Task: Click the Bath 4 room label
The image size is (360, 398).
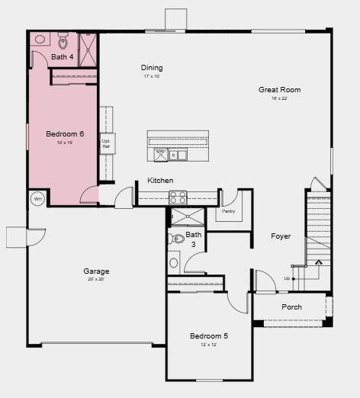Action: pos(63,57)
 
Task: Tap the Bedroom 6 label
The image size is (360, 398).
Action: pos(59,134)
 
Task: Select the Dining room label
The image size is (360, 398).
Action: pos(152,68)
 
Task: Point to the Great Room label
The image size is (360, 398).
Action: pos(279,90)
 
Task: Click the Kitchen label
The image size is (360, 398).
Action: pos(160,181)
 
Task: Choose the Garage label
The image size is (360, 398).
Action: pos(96,271)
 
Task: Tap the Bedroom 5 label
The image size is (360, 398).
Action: pos(208,335)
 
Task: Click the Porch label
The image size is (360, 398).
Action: pos(291,307)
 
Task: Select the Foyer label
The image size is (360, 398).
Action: pos(281,236)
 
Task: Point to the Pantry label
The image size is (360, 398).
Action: pos(228,211)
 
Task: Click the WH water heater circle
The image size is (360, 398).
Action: pos(37,200)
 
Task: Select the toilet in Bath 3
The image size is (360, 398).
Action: pos(175,239)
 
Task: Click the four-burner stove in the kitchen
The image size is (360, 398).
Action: pos(178,197)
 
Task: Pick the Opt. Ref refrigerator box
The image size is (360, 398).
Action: pos(107,143)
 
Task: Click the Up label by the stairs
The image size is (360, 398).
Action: pos(287,278)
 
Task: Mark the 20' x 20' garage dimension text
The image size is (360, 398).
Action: pos(96,280)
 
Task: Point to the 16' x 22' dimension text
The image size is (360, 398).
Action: pos(279,98)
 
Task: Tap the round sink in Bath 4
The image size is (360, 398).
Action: pos(40,39)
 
